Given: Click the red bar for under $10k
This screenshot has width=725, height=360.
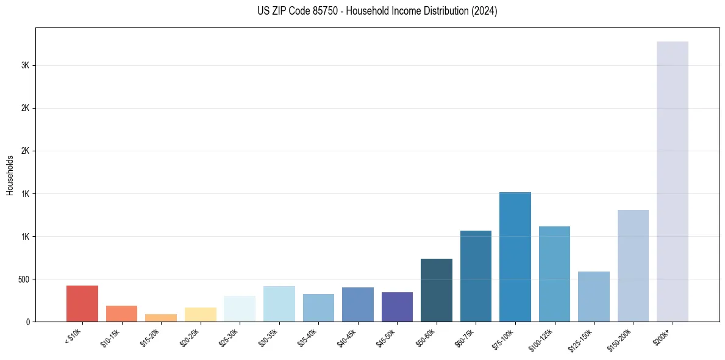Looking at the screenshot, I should pos(82,303).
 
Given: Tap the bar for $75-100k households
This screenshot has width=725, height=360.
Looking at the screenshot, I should pos(515,257).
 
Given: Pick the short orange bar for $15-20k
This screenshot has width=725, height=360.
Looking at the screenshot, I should pos(161,318).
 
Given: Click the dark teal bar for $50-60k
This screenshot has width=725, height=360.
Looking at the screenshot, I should pos(437,290).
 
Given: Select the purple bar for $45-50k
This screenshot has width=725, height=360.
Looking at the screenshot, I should pos(397,307).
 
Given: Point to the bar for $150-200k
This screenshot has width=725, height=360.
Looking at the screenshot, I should pos(633,265).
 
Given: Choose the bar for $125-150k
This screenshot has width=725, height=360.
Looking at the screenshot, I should pos(594,297).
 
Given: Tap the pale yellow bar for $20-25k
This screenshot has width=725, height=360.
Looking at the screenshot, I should pos(201,314).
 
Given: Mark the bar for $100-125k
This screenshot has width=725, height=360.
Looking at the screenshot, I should pos(554,274).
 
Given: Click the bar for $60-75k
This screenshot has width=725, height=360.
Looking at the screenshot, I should pos(476,276).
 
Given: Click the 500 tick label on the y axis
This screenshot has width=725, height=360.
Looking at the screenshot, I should pos(24,279).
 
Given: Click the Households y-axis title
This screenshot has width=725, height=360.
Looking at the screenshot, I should pos(10,175).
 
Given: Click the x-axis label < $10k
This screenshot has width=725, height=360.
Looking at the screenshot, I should pos(73,337).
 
